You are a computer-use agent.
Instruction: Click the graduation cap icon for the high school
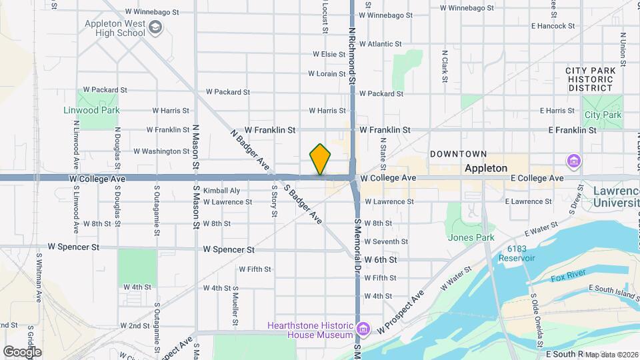tap(155, 27)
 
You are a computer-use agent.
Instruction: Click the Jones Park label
tap(471, 237)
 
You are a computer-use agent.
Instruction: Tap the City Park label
tap(603, 115)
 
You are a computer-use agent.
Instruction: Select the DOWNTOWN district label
tap(458, 154)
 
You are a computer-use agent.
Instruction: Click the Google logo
tap(22, 351)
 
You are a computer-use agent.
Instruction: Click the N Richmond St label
tap(352, 51)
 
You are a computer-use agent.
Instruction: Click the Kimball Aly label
tap(217, 190)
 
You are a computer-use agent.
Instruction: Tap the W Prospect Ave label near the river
tap(401, 312)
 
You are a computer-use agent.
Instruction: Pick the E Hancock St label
tap(553, 26)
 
